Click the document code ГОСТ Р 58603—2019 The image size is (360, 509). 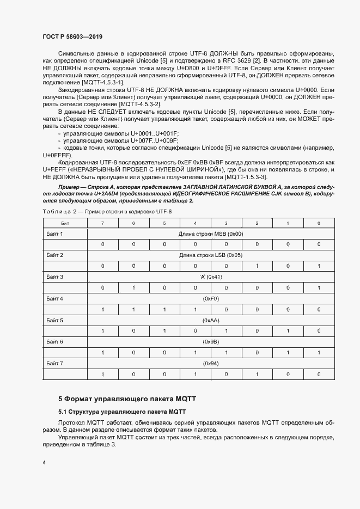tap(72, 36)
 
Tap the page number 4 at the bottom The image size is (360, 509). tap(44, 463)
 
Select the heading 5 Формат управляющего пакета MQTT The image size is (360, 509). tap(127, 398)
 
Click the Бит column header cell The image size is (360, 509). tap(65, 223)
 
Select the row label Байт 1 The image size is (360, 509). tap(54, 234)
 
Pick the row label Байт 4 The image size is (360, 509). tap(54, 298)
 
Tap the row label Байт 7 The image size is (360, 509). tap(54, 363)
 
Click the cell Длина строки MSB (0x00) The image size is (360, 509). tap(210, 234)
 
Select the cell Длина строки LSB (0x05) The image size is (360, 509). tap(210, 255)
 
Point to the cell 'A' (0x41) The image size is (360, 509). tap(210, 277)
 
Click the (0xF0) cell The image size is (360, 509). tap(210, 298)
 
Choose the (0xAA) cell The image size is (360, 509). tap(210, 320)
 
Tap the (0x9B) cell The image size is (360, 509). tap(210, 341)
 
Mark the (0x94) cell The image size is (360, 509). tap(210, 363)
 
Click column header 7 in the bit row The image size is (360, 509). tap(102, 223)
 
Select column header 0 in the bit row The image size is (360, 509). tap(319, 223)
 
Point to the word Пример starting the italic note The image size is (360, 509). tap(70, 186)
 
